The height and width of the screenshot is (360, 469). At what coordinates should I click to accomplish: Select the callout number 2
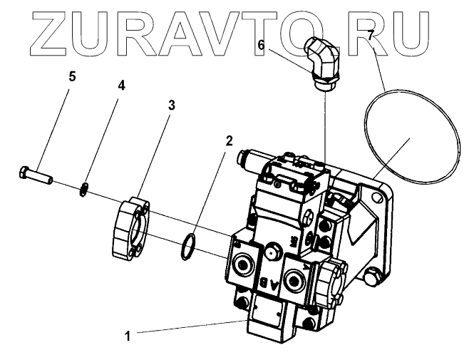coord(229,140)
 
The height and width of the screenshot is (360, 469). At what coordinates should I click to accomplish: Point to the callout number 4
coord(121,86)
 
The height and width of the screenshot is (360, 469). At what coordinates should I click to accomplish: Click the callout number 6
coord(261,44)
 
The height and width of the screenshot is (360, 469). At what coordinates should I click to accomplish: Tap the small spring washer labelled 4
coord(85,189)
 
